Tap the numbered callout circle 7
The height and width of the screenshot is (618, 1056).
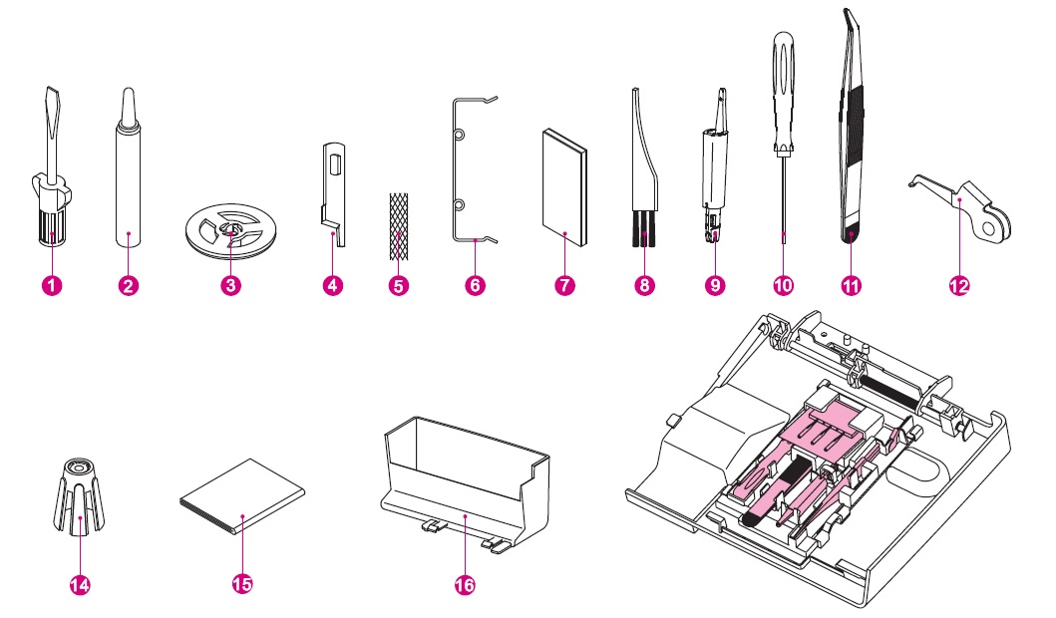(563, 285)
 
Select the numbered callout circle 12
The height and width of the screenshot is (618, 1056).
(959, 285)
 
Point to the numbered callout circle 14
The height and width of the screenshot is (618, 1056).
(80, 584)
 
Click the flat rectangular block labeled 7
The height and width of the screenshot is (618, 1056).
(563, 189)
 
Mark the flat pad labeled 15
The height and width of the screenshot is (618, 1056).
(242, 498)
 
